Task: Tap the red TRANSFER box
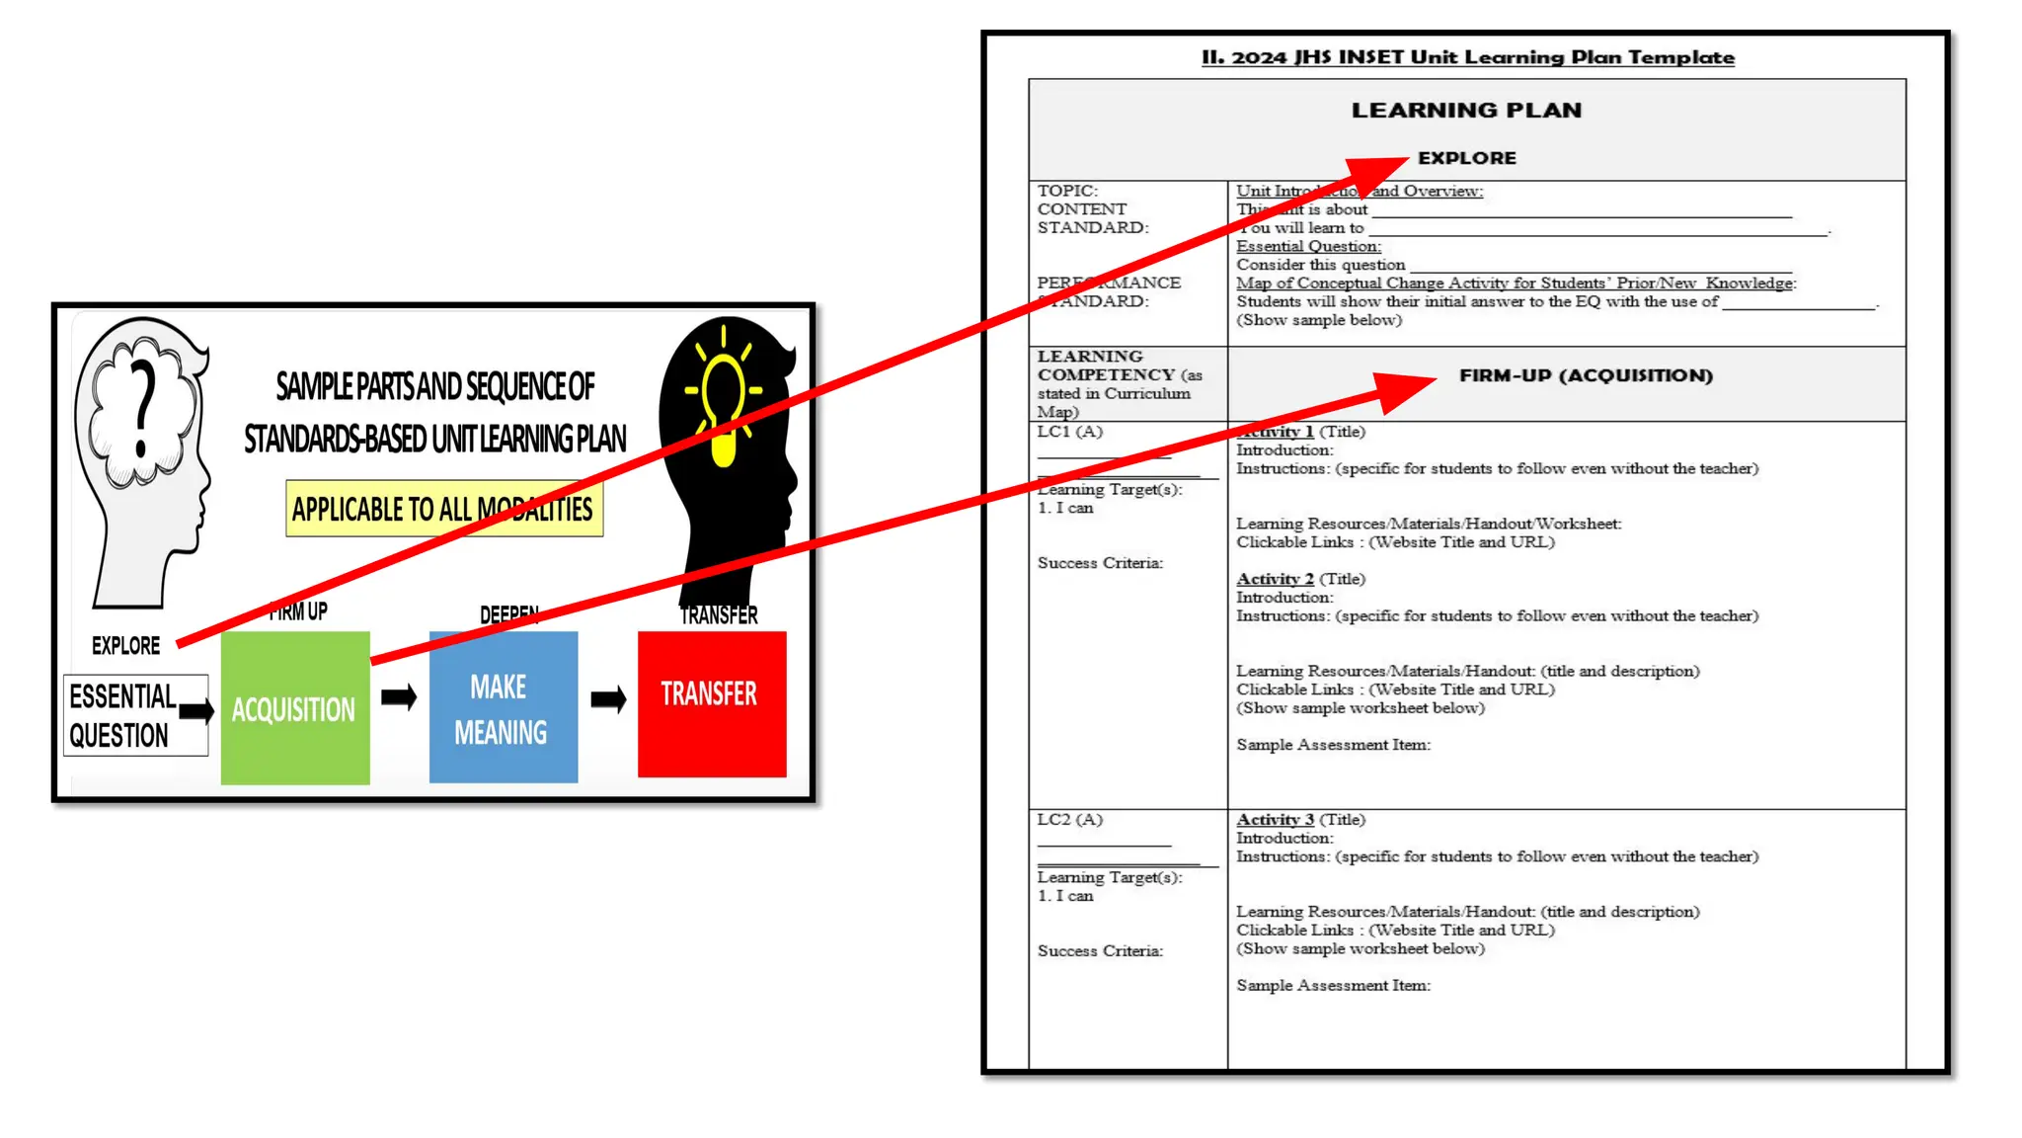tap(711, 703)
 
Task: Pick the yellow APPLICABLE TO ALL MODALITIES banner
tap(443, 509)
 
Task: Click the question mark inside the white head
tap(144, 409)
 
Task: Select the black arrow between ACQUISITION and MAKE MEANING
tap(399, 697)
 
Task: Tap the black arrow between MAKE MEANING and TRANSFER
tap(608, 700)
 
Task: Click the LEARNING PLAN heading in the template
tap(1466, 111)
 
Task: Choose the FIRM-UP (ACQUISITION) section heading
tap(1586, 375)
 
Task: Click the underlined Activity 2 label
tap(1275, 579)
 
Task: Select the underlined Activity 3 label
tap(1275, 820)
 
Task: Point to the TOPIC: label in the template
tap(1067, 191)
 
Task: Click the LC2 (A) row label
tap(1069, 820)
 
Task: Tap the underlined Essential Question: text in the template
tap(1308, 246)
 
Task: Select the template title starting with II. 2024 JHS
tap(1467, 57)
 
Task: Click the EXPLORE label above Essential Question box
tap(125, 646)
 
